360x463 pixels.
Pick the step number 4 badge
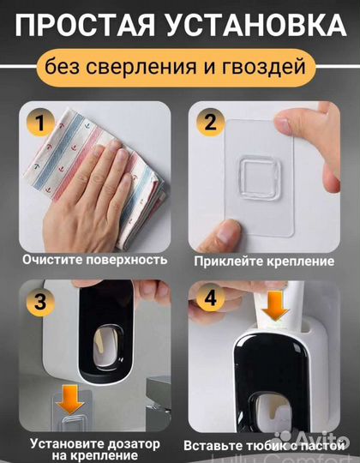click(x=212, y=300)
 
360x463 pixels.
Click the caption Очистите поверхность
click(x=96, y=259)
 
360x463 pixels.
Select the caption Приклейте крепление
click(x=265, y=260)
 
